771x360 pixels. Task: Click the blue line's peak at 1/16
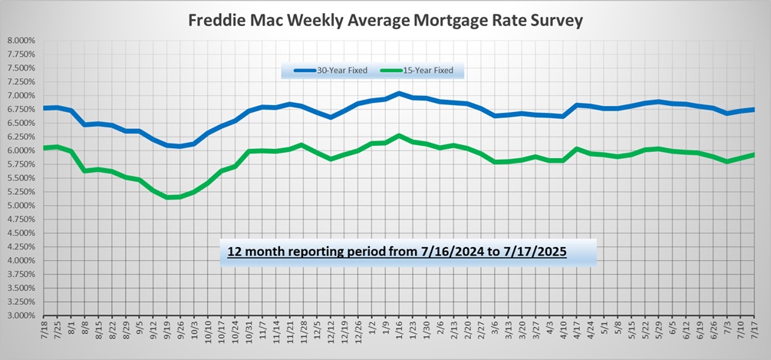pos(398,93)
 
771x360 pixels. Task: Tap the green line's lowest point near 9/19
pos(166,197)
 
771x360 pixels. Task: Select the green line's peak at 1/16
pos(398,136)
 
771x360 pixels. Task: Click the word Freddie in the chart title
pos(217,20)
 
